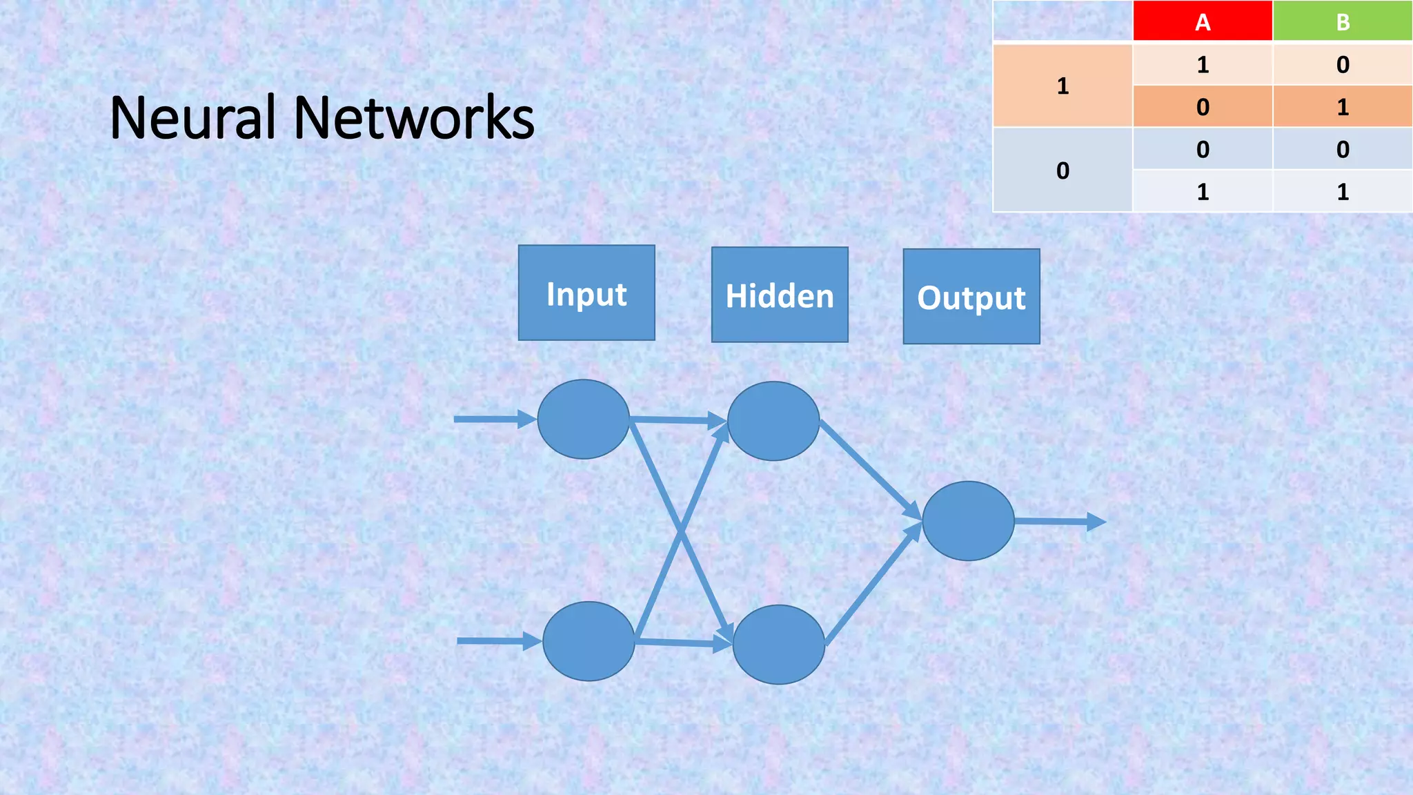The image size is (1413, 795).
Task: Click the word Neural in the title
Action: tap(192, 118)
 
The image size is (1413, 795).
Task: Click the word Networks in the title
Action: tap(414, 118)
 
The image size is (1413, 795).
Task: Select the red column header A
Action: tap(1203, 21)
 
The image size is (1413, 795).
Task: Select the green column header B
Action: tap(1343, 21)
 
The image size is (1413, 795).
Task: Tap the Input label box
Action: tap(586, 293)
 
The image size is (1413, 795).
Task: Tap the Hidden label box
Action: tap(780, 295)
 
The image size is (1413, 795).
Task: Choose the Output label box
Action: tap(971, 297)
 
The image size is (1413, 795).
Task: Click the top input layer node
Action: tap(583, 419)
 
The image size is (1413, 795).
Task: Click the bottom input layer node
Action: tap(589, 641)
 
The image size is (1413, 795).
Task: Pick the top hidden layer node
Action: tap(773, 421)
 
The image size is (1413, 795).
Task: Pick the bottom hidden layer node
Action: tap(778, 645)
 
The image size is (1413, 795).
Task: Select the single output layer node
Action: tap(968, 521)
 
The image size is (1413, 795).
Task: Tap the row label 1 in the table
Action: tap(1063, 86)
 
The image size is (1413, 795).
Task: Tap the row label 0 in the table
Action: tap(1063, 170)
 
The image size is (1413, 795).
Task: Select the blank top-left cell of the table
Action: tap(1063, 21)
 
